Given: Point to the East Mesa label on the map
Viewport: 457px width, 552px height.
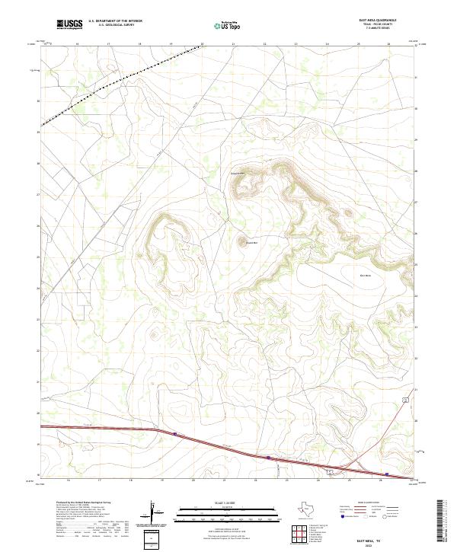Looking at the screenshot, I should pos(365,275).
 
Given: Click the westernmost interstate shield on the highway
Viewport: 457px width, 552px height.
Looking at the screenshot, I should pos(174,435).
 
